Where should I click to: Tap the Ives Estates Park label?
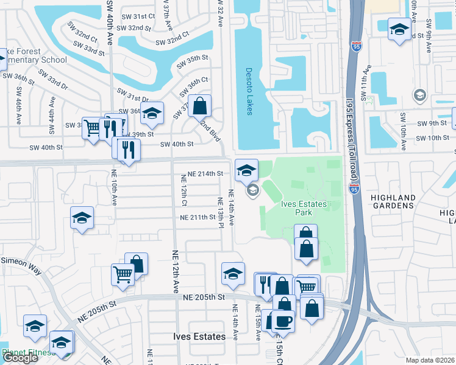tap(304, 208)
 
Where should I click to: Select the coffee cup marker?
tap(283, 320)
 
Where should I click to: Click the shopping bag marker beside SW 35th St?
tap(199, 106)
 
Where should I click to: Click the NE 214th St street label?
tap(205, 173)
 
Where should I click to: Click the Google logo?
tap(20, 358)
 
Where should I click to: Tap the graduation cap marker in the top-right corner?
tap(399, 30)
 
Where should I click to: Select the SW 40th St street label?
tap(176, 144)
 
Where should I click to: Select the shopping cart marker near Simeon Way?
tap(123, 274)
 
